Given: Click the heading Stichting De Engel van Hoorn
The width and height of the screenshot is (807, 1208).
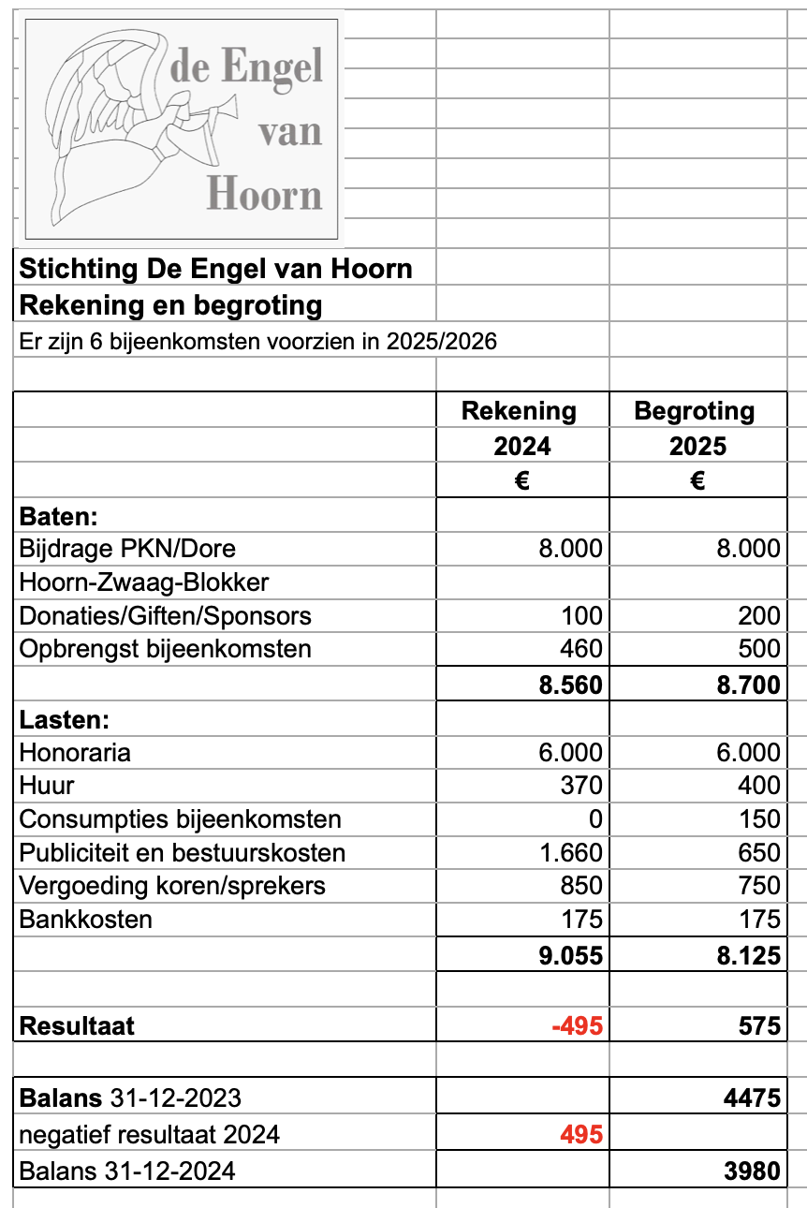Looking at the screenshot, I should (x=216, y=270).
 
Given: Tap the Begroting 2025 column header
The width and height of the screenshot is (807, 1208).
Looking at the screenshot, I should (x=697, y=428).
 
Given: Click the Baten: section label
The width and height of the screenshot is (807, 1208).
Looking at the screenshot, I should (x=59, y=516).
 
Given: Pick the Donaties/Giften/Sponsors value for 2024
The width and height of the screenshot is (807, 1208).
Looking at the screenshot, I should (x=581, y=616).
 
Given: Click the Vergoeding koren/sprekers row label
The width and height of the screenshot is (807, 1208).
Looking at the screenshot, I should (x=173, y=886).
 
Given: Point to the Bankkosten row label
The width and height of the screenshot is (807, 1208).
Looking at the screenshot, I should (x=86, y=920).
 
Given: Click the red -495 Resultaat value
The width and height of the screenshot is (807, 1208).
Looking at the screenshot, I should (x=577, y=1025).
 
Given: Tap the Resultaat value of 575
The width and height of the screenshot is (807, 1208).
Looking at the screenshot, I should (x=759, y=1025).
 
